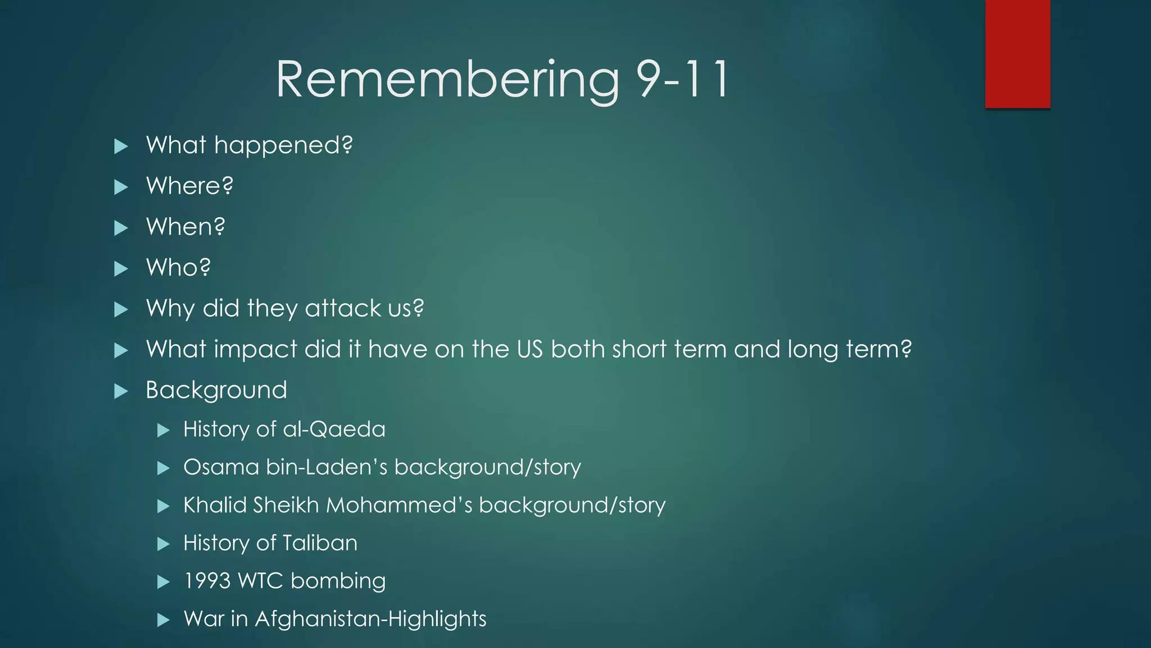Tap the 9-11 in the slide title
tap(682, 80)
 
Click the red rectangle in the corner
tap(1017, 53)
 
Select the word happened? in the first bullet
tap(283, 146)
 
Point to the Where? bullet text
tap(189, 186)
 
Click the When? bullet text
tap(185, 227)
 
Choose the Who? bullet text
tap(178, 268)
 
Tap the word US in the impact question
tap(529, 349)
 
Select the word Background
tap(216, 390)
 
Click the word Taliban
tap(320, 543)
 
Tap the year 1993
tap(207, 581)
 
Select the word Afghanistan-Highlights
tap(370, 619)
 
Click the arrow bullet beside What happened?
tap(121, 147)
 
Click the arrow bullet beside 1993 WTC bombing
tap(163, 582)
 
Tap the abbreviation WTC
tap(261, 581)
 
